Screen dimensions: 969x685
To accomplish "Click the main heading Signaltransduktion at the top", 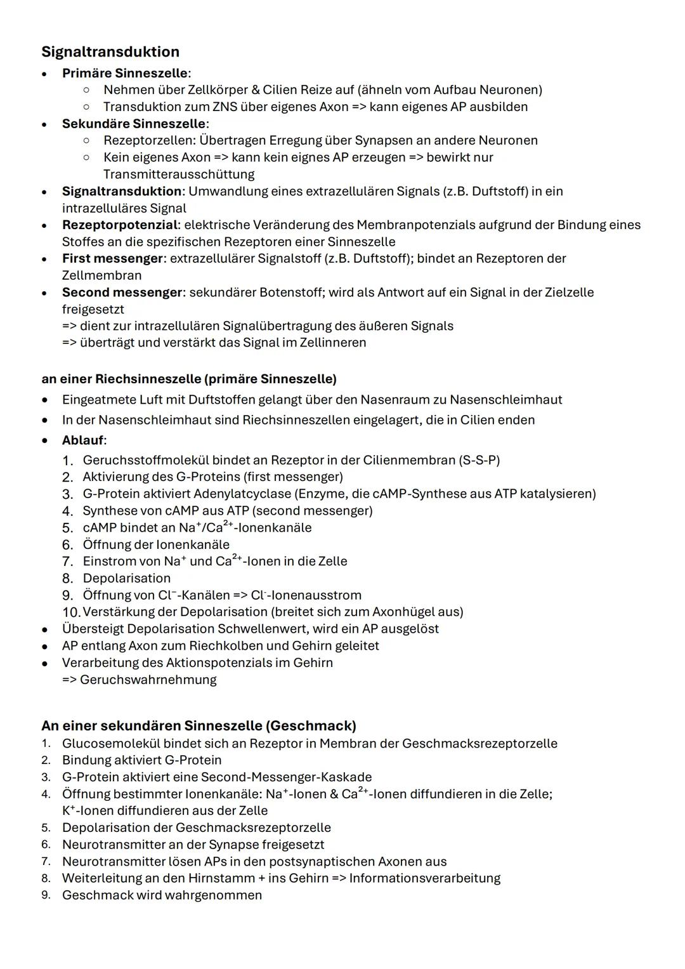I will (110, 51).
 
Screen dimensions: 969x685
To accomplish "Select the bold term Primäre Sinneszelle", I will (125, 73).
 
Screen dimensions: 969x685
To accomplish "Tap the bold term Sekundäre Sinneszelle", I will (134, 124).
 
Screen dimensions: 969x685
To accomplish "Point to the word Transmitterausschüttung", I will (179, 174).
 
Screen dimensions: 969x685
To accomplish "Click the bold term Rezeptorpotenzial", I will (120, 225).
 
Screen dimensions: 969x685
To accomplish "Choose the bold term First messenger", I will (112, 258).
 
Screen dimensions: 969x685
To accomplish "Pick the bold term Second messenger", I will (122, 293).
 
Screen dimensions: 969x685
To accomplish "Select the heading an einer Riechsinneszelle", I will (188, 379).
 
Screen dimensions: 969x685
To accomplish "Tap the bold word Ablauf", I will (82, 440).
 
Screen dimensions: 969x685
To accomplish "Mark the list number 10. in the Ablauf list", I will (71, 612).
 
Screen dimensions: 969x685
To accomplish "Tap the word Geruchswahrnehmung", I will (148, 680).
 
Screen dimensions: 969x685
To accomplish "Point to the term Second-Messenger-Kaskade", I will (286, 777).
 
